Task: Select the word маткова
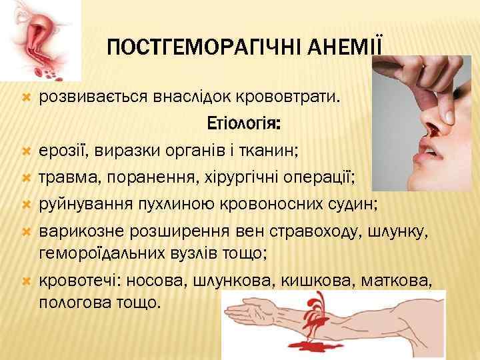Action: (x=393, y=281)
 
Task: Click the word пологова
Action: (x=71, y=301)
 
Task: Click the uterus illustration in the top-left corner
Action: (x=41, y=37)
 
